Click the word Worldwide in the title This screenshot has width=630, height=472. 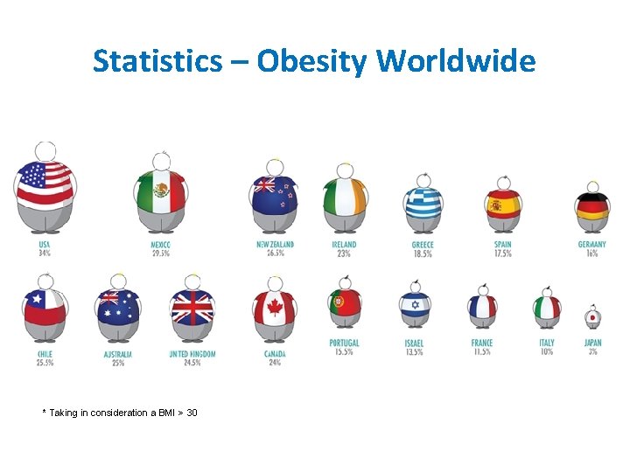click(456, 61)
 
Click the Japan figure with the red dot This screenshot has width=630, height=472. click(592, 316)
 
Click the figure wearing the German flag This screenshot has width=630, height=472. click(592, 206)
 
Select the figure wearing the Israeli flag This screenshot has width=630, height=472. click(415, 306)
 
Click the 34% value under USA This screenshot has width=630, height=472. click(45, 253)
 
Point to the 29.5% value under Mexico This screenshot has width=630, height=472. click(161, 253)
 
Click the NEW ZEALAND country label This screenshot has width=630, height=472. click(275, 245)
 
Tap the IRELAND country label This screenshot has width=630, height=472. click(344, 245)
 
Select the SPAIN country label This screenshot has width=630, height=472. click(502, 245)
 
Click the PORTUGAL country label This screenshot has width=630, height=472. click(344, 343)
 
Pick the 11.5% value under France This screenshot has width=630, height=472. click(481, 351)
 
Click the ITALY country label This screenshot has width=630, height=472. click(547, 343)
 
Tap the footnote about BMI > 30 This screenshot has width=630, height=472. click(120, 413)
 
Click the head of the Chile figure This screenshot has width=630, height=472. click(45, 281)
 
